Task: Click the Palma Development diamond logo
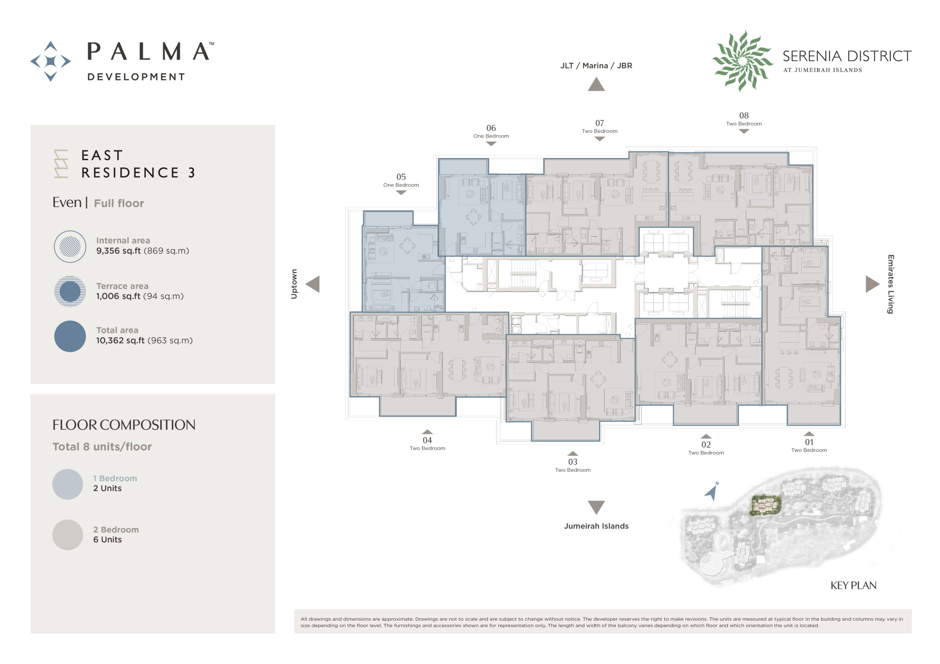[x=50, y=61]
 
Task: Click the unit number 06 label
[x=491, y=128]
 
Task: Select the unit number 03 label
[x=573, y=462]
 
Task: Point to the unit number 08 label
[x=744, y=116]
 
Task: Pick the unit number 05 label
[x=401, y=177]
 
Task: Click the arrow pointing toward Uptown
[x=313, y=284]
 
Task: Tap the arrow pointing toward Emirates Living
[x=872, y=284]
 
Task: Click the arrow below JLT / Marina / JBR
[x=596, y=84]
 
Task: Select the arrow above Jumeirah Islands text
[x=596, y=507]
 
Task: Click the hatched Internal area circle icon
[x=70, y=247]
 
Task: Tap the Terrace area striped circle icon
[x=70, y=291]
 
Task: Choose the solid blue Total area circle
[x=70, y=336]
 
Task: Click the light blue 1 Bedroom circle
[x=68, y=484]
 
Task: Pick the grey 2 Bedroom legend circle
[x=68, y=535]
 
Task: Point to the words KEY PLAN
[x=853, y=585]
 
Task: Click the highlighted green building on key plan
[x=765, y=504]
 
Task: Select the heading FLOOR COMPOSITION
[x=124, y=425]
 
